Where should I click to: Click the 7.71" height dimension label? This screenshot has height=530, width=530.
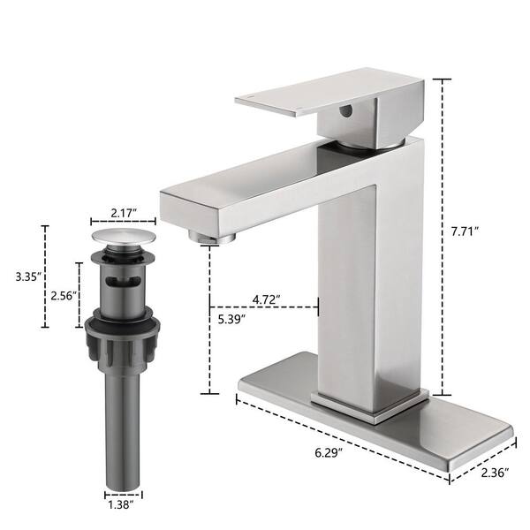[466, 231]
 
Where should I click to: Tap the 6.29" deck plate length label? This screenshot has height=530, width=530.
[329, 452]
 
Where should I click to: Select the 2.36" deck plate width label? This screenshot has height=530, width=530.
[495, 473]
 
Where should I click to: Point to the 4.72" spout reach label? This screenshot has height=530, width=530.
[267, 299]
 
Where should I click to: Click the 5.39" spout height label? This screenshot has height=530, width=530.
[231, 319]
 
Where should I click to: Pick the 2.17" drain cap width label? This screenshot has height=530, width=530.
[124, 213]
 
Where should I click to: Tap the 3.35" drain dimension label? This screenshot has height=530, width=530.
[28, 276]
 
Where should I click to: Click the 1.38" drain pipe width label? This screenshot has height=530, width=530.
[121, 505]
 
